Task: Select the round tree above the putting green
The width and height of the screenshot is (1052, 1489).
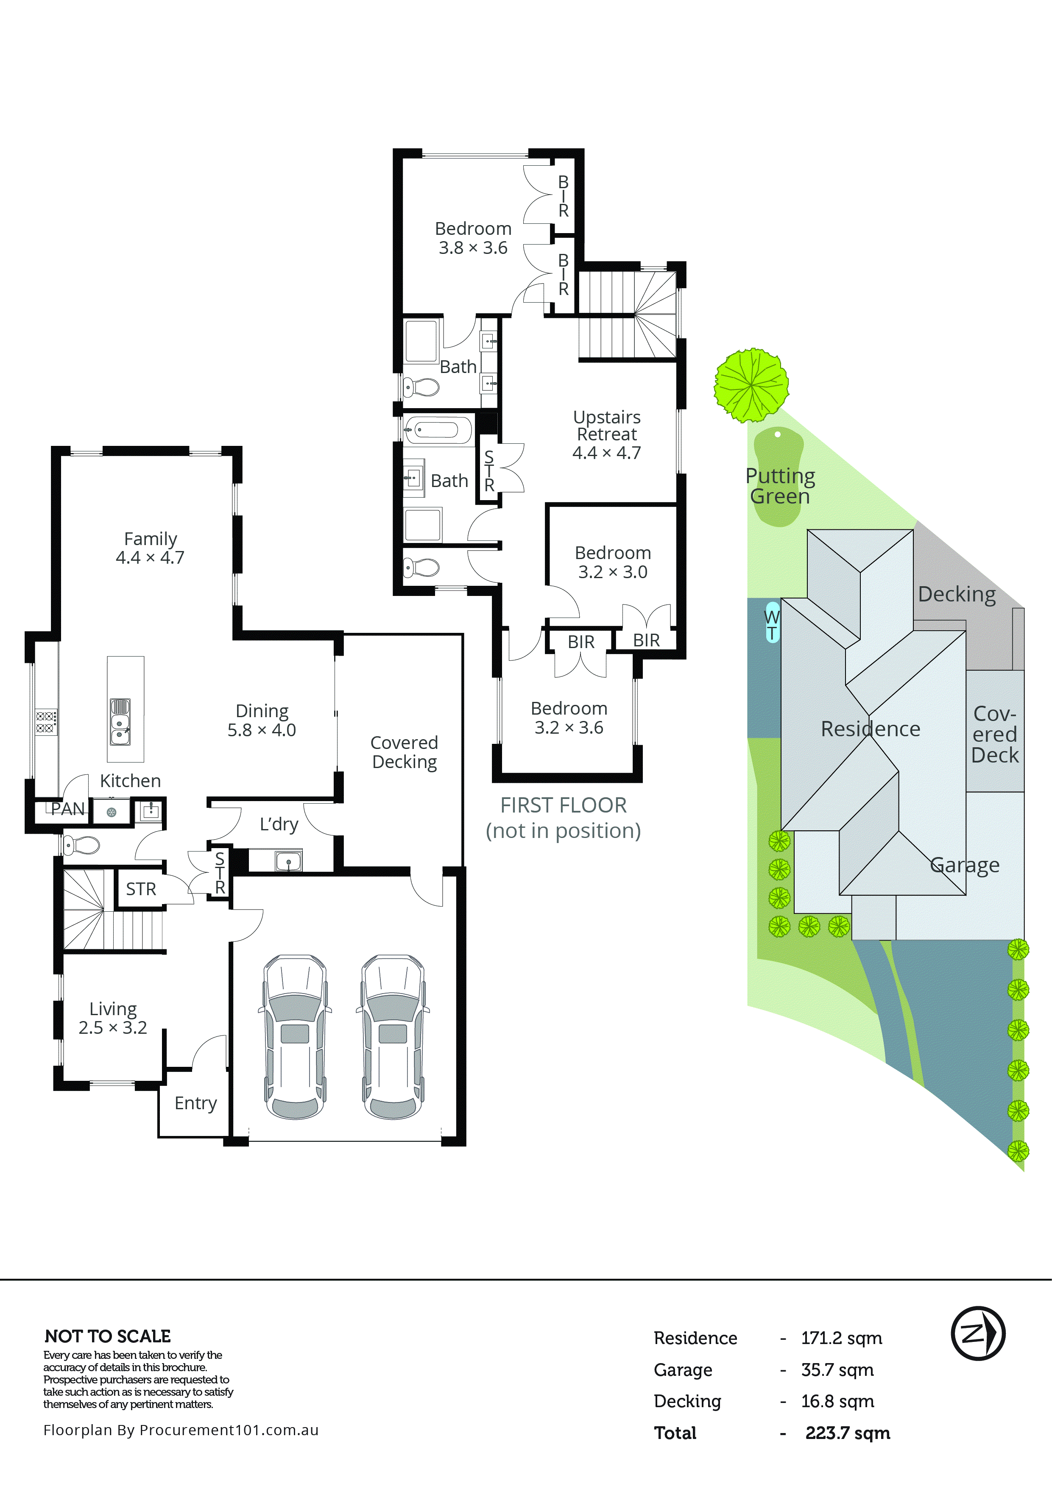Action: coord(751,385)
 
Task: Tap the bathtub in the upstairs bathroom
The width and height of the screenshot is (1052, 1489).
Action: coord(438,429)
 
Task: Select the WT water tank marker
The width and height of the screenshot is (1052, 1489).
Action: coord(772,624)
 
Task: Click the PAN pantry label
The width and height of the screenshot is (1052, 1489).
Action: coord(67,809)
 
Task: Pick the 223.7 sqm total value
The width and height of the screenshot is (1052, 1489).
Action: coord(847,1433)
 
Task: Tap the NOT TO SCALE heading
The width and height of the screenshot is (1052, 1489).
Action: coord(108,1336)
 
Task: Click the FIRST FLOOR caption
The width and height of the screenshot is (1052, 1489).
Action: coord(563,805)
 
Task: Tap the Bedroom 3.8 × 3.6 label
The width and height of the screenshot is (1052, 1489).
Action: coord(473,238)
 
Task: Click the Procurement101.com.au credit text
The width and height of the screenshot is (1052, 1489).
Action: coord(181,1430)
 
